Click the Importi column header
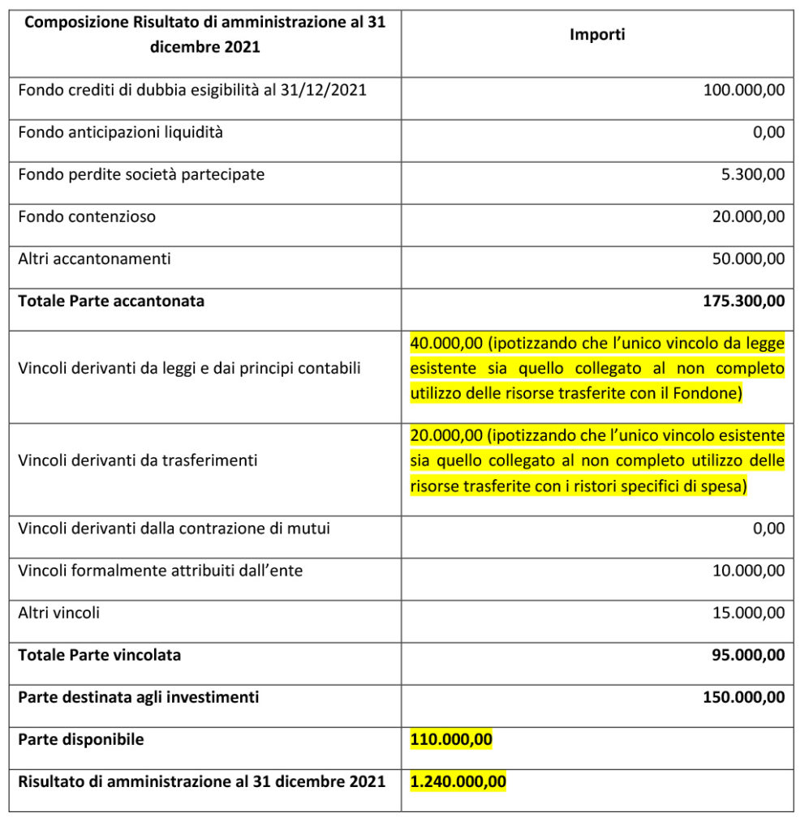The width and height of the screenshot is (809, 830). pyautogui.click(x=597, y=35)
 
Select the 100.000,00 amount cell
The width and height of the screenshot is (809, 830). pyautogui.click(x=743, y=90)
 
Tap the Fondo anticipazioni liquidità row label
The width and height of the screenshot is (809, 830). pyautogui.click(x=120, y=132)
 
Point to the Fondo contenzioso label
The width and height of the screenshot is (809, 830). pyautogui.click(x=87, y=216)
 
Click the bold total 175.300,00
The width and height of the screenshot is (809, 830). pyautogui.click(x=743, y=301)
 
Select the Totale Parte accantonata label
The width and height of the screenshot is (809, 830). pyautogui.click(x=111, y=301)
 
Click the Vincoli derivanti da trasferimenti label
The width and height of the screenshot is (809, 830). pyautogui.click(x=138, y=460)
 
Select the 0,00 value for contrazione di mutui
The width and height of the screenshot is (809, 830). pyautogui.click(x=768, y=528)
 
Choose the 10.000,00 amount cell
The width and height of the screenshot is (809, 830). pyautogui.click(x=747, y=571)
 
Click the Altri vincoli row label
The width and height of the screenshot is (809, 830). pyautogui.click(x=59, y=613)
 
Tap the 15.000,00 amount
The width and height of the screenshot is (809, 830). pyautogui.click(x=747, y=613)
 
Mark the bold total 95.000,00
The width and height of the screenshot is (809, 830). pyautogui.click(x=747, y=655)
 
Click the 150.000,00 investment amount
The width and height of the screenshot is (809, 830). pyautogui.click(x=743, y=697)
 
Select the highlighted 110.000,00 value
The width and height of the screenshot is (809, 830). pyautogui.click(x=451, y=739)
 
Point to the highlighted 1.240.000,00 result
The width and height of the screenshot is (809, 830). pyautogui.click(x=458, y=781)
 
